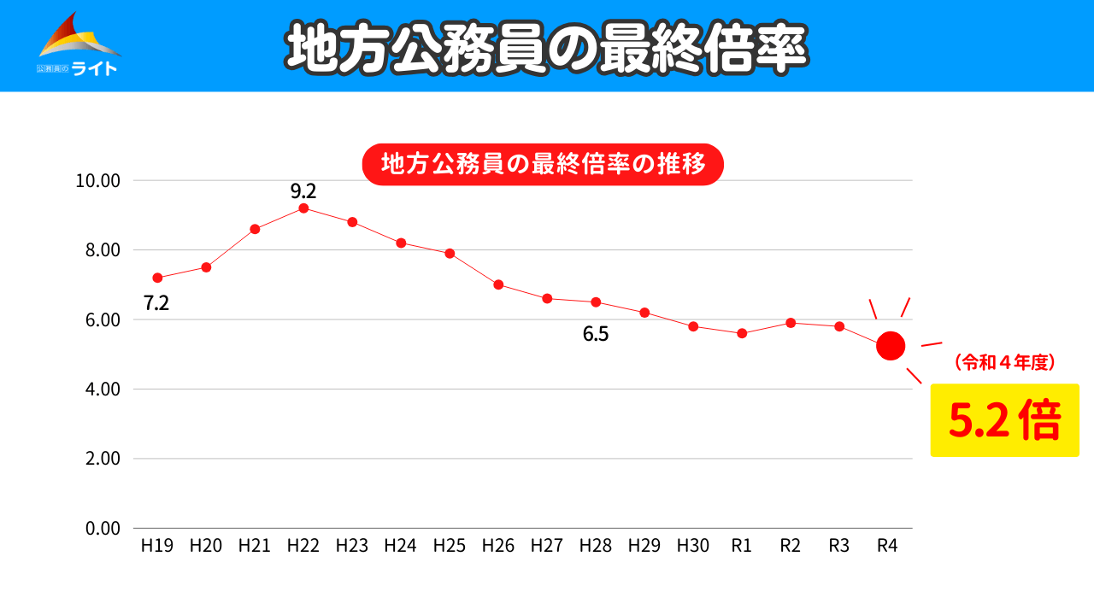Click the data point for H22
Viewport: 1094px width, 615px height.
point(303,208)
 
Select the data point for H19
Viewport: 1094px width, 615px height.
point(157,278)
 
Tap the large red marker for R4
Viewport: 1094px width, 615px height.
point(891,346)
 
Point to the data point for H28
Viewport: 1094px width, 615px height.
point(596,302)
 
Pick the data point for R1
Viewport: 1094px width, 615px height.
point(742,333)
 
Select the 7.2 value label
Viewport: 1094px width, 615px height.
point(156,302)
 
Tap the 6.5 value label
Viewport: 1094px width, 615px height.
point(596,334)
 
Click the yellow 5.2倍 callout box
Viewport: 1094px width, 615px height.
point(1003,420)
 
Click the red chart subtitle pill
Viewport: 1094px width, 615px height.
point(543,165)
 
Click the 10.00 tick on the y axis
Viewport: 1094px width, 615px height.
point(98,181)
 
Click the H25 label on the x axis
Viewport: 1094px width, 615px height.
point(450,547)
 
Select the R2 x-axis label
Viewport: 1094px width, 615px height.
point(791,547)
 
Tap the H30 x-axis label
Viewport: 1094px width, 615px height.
point(693,547)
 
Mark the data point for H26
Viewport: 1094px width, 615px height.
point(498,284)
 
